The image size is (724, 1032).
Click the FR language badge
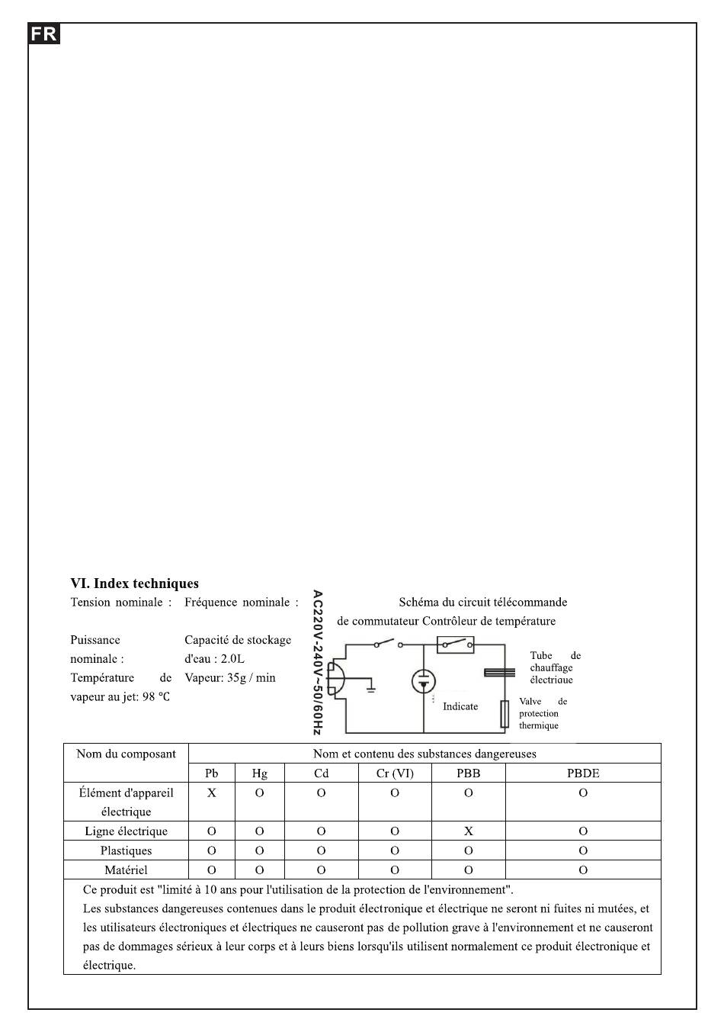coord(44,34)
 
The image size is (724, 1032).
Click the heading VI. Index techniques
coord(134,584)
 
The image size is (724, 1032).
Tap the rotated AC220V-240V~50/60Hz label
coord(318,662)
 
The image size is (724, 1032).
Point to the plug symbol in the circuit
coord(335,677)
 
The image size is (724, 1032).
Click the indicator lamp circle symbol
coord(424,681)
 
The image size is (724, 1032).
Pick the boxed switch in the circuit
coord(455,645)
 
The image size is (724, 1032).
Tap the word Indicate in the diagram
coord(460,706)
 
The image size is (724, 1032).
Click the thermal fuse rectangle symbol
coord(505,714)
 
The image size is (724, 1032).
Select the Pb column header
coord(212,773)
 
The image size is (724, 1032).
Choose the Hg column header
coord(259,773)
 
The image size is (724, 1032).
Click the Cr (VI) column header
coord(395,773)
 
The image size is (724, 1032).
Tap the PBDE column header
coord(583,773)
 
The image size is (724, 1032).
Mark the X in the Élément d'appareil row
coord(212,792)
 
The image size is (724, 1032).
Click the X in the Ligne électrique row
coord(469,831)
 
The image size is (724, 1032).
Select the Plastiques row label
coord(126,850)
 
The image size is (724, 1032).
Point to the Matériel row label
coord(126,870)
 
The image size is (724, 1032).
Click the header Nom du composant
coord(126,754)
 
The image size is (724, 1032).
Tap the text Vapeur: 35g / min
coord(230,677)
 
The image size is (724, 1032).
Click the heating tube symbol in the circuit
coord(499,672)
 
